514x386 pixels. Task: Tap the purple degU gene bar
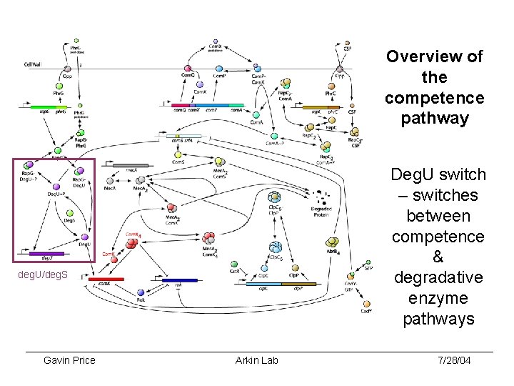pos(47,253)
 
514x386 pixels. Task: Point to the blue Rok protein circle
pos(141,292)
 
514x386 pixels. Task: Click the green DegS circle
pos(69,212)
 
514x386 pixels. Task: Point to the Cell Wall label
pos(33,64)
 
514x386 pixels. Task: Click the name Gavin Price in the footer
pos(69,360)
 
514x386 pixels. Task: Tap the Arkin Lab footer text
pos(256,360)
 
